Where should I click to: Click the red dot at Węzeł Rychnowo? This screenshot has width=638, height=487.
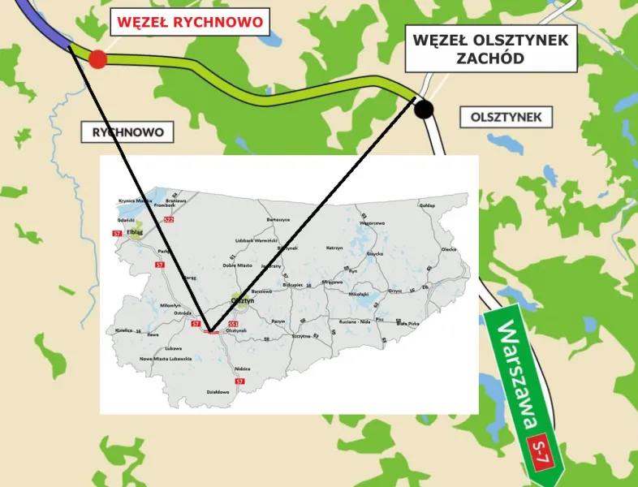(x=97, y=58)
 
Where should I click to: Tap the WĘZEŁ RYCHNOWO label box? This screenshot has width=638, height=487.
(x=191, y=22)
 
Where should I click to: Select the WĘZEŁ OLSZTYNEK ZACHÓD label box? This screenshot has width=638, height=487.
(x=490, y=49)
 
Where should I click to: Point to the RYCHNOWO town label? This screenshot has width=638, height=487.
(x=128, y=131)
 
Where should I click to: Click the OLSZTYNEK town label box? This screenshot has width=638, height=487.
(x=506, y=117)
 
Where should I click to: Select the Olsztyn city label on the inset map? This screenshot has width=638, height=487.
(x=243, y=300)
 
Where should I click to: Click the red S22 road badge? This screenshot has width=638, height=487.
(x=168, y=219)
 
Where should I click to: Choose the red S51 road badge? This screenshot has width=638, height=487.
(x=231, y=323)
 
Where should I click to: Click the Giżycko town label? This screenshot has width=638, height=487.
(x=374, y=254)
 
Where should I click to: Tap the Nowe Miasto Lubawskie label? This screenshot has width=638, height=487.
(x=165, y=358)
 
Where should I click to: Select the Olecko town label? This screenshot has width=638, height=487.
(x=449, y=249)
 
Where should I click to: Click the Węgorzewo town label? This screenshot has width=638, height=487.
(x=372, y=222)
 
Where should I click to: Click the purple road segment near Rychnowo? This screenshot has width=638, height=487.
(x=49, y=28)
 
